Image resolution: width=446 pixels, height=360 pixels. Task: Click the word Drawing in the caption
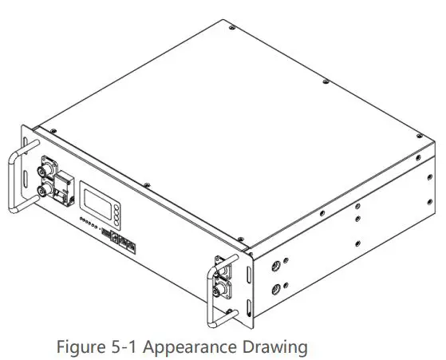point(274,348)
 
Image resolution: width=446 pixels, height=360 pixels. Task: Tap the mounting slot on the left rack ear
point(26,175)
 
